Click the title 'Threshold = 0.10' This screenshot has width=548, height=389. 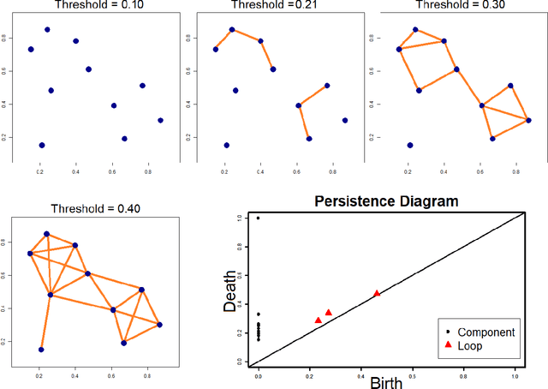[88, 4]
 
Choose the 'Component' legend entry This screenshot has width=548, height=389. [485, 332]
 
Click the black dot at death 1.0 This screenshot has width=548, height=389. [259, 218]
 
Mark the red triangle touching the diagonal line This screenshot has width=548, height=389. [377, 293]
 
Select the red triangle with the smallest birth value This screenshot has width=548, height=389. [319, 320]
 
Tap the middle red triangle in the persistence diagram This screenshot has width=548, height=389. [329, 313]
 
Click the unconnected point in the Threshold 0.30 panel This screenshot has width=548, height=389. [410, 145]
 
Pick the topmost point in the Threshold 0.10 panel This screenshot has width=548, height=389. [47, 29]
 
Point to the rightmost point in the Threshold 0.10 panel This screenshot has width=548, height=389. [160, 120]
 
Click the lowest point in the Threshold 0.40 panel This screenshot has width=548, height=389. [41, 350]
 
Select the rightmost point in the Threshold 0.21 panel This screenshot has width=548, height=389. [345, 120]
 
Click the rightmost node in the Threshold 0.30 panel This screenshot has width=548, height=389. [528, 120]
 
